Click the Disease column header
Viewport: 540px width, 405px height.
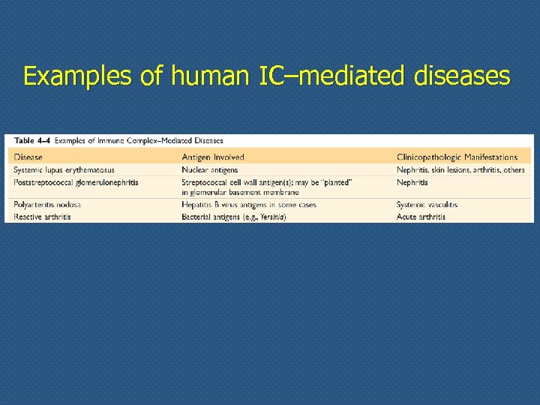point(28,157)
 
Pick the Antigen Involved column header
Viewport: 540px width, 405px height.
point(213,157)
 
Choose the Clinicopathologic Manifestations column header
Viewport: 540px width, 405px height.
point(457,157)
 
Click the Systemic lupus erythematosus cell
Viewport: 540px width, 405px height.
point(64,169)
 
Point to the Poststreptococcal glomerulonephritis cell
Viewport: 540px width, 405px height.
point(76,181)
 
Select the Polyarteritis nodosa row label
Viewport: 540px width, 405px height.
point(47,205)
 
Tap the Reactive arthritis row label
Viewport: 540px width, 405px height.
point(43,217)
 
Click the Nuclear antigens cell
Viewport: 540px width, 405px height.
point(210,169)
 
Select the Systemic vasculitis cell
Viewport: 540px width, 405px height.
point(427,205)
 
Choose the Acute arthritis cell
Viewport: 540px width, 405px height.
point(421,217)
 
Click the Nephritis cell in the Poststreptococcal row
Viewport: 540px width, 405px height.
point(412,181)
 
